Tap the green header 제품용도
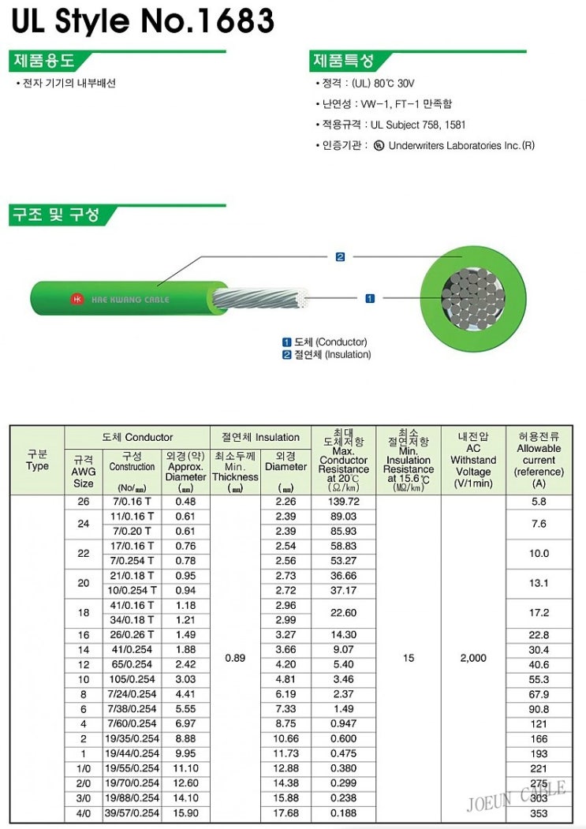coord(44,60)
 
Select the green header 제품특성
coord(344,60)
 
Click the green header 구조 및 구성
coord(56,215)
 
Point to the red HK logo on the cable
coord(77,299)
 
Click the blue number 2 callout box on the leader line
coord(340,257)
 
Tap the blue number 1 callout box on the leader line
coord(370,298)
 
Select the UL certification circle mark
coord(379,145)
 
